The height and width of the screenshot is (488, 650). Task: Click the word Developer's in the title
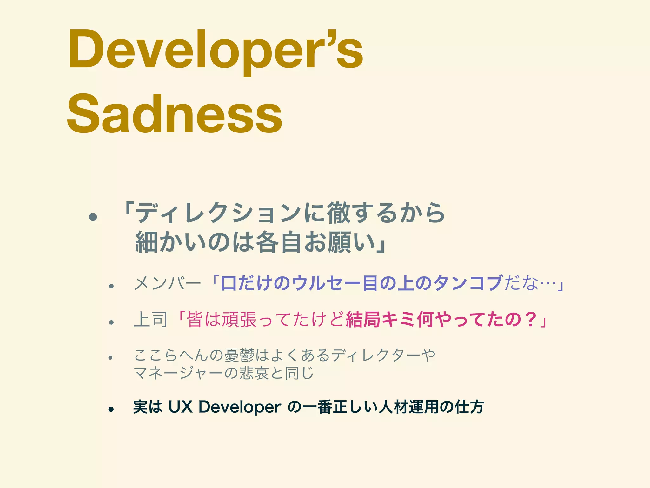[x=215, y=51]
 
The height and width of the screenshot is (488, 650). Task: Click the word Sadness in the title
[x=175, y=114]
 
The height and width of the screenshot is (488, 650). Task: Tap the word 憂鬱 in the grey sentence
[x=239, y=355]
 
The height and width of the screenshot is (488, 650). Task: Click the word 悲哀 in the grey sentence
[x=254, y=373]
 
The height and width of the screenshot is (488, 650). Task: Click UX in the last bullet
[x=180, y=407]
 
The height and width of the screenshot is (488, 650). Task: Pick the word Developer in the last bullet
[x=240, y=407]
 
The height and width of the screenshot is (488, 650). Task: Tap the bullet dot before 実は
[x=111, y=409]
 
